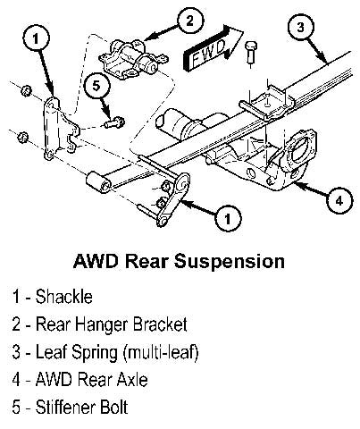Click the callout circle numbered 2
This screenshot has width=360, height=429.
tap(190, 21)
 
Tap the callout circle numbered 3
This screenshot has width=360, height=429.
tap(301, 28)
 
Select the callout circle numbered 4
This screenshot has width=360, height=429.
tap(339, 201)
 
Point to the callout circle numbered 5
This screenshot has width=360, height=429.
tap(96, 86)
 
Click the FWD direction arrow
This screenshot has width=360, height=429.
tap(213, 47)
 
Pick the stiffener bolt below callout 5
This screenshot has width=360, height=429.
tap(114, 122)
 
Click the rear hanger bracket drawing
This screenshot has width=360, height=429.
tap(132, 61)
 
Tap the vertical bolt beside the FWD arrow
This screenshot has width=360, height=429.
tap(251, 54)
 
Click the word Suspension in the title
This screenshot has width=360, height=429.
tap(230, 262)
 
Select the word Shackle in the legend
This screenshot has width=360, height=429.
tap(64, 297)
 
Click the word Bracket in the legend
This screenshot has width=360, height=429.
tap(160, 324)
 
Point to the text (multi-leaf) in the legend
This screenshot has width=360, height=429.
tap(161, 352)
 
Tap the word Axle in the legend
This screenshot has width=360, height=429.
tap(132, 379)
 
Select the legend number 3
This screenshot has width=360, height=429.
tap(16, 352)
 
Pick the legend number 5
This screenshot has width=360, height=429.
tap(16, 408)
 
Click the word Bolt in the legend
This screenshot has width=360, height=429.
tap(114, 407)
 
